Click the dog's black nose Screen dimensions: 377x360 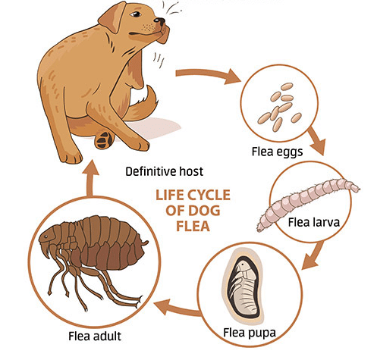(160, 20)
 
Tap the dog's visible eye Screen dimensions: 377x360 (136, 14)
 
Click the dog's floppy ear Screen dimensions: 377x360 (112, 17)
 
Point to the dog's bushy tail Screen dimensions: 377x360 (142, 105)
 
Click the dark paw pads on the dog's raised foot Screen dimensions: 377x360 (104, 139)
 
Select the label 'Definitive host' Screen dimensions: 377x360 (165, 171)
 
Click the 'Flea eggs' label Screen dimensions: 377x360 (277, 152)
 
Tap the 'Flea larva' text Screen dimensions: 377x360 (313, 222)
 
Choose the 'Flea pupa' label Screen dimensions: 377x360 (250, 333)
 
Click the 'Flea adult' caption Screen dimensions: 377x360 (95, 337)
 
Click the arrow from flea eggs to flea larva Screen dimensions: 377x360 (316, 141)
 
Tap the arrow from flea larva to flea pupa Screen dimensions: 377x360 (313, 255)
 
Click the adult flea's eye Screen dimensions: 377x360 (46, 236)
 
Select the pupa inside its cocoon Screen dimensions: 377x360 (243, 287)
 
